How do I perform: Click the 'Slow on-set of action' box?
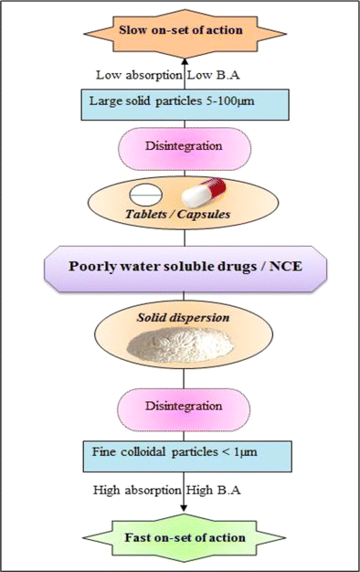180,30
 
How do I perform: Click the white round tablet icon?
144,195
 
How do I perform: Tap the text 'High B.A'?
214,490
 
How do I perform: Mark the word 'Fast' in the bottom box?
133,536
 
